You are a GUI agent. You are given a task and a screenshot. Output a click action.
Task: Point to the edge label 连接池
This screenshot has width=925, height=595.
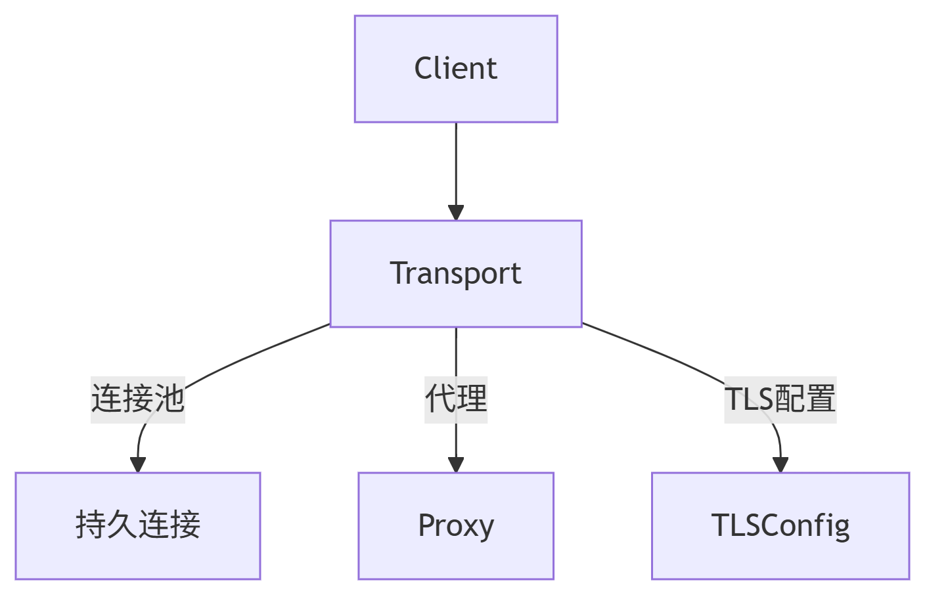[137, 399]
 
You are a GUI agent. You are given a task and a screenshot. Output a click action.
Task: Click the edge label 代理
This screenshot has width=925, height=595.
[455, 399]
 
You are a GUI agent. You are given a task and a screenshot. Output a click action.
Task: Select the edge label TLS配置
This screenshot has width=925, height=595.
[780, 399]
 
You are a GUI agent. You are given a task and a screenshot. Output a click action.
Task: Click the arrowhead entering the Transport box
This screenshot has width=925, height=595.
[455, 213]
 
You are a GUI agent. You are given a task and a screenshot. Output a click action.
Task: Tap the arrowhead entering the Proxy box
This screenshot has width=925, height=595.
[455, 464]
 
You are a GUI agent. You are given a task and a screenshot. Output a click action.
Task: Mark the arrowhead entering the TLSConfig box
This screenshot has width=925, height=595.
[780, 464]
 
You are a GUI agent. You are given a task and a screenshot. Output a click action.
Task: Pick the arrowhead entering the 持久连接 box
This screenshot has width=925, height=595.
[137, 464]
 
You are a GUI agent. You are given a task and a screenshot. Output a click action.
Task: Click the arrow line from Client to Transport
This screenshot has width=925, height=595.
[455, 164]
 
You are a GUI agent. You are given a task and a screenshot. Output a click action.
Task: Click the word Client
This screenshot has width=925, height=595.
[455, 68]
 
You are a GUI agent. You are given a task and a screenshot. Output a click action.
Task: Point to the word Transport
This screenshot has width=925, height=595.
[455, 273]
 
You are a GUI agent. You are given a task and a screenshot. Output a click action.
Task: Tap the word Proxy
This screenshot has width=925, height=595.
[455, 525]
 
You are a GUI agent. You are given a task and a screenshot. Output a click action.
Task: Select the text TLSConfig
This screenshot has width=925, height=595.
[780, 525]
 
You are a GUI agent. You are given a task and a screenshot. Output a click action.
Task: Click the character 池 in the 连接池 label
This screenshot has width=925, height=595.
[169, 399]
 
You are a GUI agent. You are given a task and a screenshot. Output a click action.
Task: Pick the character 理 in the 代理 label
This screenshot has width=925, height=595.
[472, 399]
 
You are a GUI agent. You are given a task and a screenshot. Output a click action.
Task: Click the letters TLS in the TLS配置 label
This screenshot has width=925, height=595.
[749, 399]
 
